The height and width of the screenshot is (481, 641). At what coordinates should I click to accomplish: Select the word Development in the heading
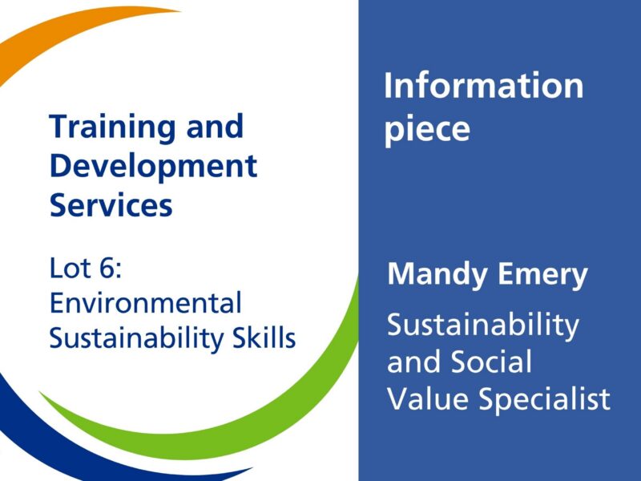(x=153, y=166)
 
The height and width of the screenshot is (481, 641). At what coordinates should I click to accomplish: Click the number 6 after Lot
(x=107, y=268)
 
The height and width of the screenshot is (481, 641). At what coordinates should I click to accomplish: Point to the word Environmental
(x=145, y=303)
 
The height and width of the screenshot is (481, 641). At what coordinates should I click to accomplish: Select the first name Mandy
(x=435, y=275)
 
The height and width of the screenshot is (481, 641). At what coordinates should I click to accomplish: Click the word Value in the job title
(x=425, y=398)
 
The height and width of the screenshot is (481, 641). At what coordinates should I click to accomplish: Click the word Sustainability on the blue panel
(x=482, y=325)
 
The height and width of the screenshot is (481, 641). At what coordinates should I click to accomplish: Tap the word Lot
(x=70, y=268)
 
